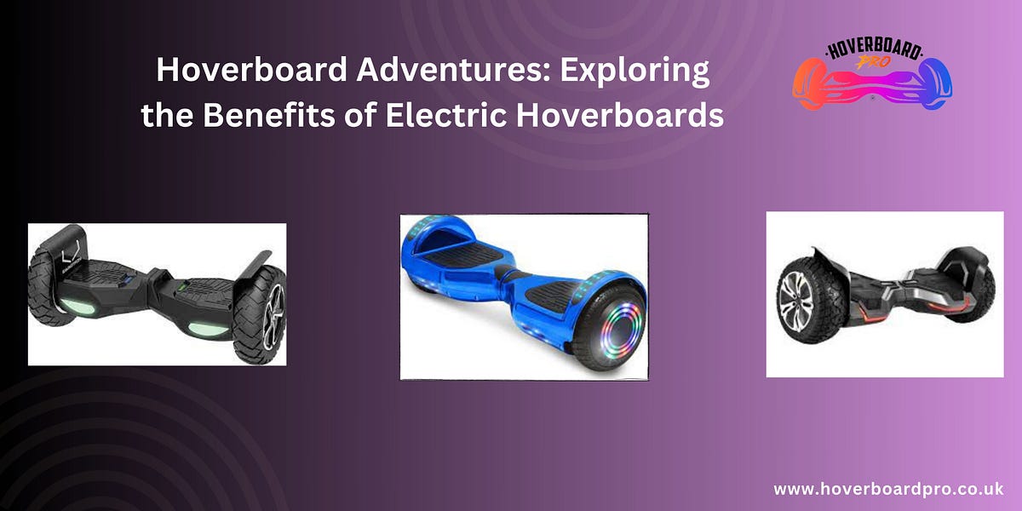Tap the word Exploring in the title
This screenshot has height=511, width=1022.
click(x=634, y=71)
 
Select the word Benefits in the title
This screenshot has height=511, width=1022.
click(x=279, y=114)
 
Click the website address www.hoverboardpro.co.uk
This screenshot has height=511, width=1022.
click(x=888, y=490)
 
